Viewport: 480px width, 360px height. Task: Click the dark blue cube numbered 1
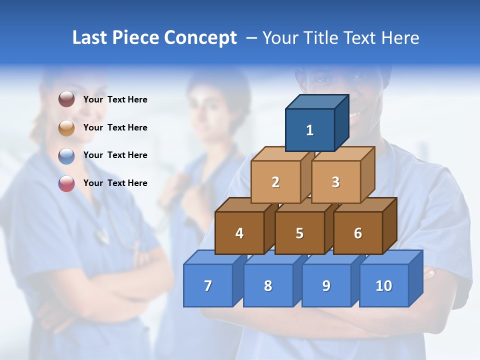click(310, 130)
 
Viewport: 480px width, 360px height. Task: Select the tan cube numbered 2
click(275, 182)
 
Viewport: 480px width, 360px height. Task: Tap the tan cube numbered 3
click(335, 182)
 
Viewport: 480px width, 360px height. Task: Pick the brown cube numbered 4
click(239, 233)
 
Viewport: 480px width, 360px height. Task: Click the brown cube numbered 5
click(299, 233)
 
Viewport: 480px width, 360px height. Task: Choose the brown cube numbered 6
click(358, 233)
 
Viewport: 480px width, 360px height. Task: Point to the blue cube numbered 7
click(208, 285)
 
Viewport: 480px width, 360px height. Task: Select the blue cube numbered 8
click(268, 285)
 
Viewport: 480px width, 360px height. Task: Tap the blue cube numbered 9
click(326, 285)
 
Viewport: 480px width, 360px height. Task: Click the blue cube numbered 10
click(384, 285)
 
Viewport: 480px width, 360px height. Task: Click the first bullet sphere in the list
click(66, 99)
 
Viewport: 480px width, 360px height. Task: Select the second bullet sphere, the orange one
click(66, 127)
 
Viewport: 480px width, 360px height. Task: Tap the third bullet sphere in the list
click(66, 155)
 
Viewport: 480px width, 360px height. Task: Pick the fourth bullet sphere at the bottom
click(66, 183)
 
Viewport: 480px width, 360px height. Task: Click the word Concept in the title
click(200, 38)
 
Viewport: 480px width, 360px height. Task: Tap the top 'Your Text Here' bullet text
click(115, 99)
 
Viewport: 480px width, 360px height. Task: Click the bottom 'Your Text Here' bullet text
click(115, 183)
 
